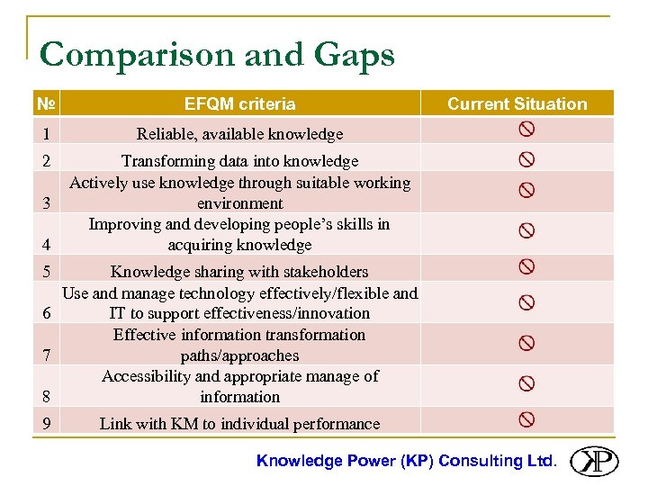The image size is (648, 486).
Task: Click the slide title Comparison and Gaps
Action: (x=217, y=55)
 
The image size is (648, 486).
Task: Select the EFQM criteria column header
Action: (x=239, y=103)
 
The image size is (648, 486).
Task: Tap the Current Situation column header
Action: (x=517, y=103)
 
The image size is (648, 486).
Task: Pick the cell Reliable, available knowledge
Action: (x=239, y=134)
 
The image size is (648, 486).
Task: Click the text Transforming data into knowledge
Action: (x=239, y=161)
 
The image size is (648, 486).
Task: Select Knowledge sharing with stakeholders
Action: (x=239, y=271)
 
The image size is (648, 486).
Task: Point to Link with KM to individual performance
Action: (x=239, y=423)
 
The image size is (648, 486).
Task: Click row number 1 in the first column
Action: (x=45, y=134)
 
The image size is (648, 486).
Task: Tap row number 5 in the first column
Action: (x=45, y=271)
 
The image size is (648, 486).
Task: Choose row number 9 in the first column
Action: (x=45, y=423)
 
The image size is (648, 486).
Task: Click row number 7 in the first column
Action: (x=45, y=355)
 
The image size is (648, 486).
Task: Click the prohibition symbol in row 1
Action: (x=526, y=130)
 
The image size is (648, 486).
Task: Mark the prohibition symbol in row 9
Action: (x=526, y=419)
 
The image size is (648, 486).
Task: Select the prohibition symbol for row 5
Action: (x=526, y=266)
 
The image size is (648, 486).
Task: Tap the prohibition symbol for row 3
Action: (x=526, y=191)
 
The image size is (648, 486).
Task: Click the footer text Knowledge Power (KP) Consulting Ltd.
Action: (x=407, y=461)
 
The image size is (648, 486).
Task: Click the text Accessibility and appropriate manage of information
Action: (x=239, y=386)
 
